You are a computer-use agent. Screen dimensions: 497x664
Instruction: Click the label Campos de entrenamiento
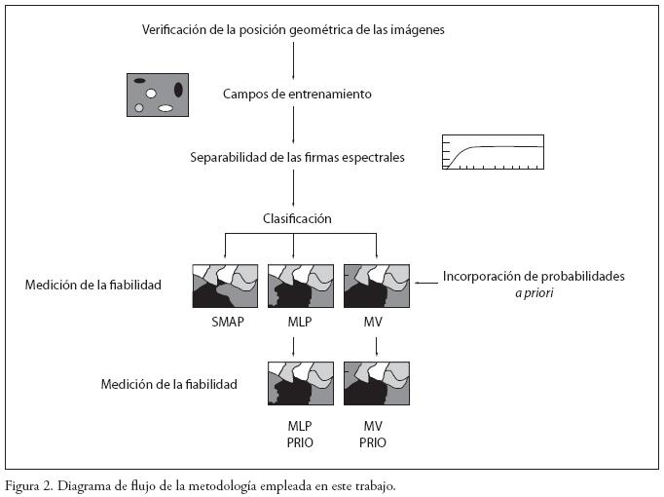[x=296, y=94]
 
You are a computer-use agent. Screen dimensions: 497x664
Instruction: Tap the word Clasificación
[x=296, y=218]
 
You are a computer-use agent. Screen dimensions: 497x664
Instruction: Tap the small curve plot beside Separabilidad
[x=492, y=152]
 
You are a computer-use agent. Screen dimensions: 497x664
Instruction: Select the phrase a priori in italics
[x=535, y=292]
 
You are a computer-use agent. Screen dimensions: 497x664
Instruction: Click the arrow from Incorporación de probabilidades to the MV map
[x=424, y=282]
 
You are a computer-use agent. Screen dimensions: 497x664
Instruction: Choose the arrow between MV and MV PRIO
[x=377, y=345]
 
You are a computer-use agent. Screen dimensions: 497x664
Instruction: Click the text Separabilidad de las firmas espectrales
[x=297, y=156]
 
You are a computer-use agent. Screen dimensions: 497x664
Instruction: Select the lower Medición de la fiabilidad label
[x=168, y=385]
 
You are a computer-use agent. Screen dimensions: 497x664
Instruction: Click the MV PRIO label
[x=373, y=435]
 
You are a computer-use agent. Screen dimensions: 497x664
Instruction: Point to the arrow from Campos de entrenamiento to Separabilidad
[x=294, y=125]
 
